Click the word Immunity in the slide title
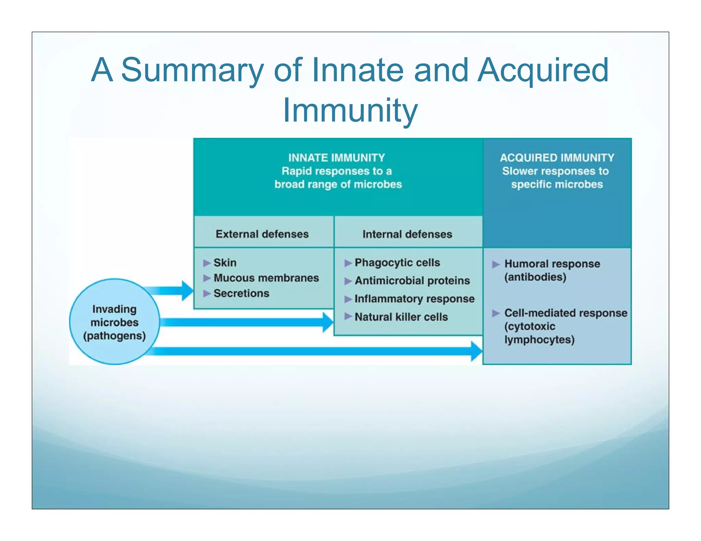[350, 110]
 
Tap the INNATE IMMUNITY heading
[336, 158]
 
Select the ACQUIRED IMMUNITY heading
[557, 158]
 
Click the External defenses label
[262, 234]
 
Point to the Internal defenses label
[407, 234]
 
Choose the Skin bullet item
[225, 263]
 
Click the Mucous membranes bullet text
[266, 278]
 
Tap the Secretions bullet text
[241, 293]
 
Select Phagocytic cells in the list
[397, 263]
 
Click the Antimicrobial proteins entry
[412, 281]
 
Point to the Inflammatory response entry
[414, 299]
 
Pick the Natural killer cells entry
[401, 317]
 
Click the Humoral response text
[552, 264]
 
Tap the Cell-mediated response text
[565, 313]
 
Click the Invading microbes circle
[114, 322]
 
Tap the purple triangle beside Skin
[206, 263]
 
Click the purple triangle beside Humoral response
[496, 264]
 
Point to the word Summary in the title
[192, 70]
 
